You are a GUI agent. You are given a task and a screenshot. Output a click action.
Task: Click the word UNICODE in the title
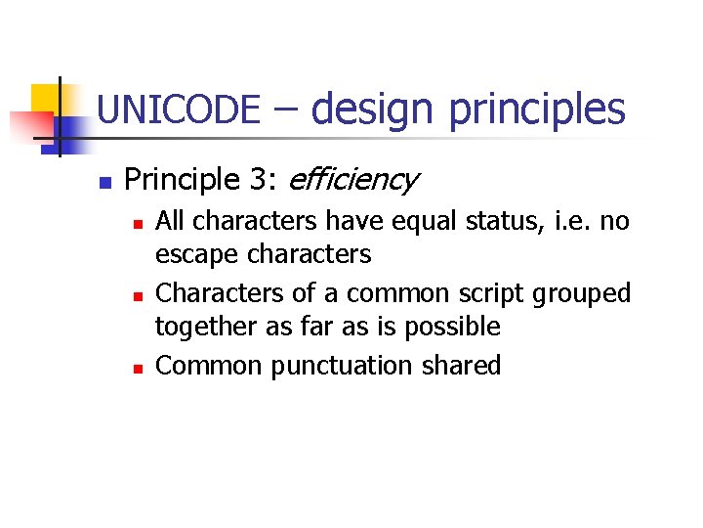tap(179, 110)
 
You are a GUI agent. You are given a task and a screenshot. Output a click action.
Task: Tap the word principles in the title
tap(536, 110)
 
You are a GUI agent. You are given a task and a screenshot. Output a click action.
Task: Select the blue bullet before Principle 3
tap(106, 182)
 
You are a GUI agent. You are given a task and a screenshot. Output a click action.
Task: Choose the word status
tap(468, 222)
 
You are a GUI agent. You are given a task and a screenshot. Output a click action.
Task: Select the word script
tap(498, 294)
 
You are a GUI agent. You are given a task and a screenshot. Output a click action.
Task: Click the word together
tap(200, 328)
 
